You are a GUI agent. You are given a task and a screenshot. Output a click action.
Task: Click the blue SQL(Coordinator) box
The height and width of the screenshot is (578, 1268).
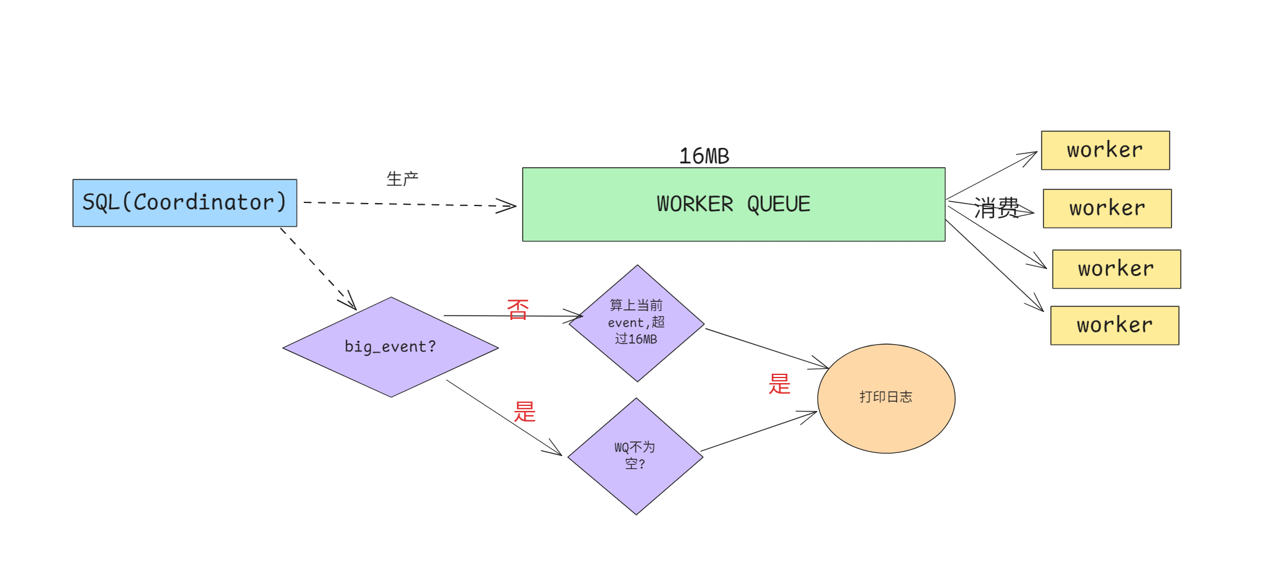coord(184,203)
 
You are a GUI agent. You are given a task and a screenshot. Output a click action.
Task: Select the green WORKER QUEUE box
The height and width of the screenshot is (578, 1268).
coord(733,204)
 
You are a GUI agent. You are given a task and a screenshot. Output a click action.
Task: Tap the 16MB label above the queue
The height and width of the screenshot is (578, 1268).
coord(704,156)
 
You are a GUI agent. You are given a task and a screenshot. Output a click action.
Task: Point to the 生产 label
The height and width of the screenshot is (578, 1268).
coord(402,179)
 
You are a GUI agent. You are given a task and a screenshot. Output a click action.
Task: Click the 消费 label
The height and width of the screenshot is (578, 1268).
coord(996,208)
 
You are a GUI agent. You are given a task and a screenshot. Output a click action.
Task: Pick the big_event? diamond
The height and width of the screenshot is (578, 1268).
coord(390,347)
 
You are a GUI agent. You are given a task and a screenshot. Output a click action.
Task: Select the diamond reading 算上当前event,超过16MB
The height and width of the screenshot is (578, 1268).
coord(636,323)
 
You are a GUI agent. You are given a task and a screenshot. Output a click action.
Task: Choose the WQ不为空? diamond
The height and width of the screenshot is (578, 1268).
coord(635,456)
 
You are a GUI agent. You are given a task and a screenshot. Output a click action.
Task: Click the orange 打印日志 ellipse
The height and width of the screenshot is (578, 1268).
coord(886,398)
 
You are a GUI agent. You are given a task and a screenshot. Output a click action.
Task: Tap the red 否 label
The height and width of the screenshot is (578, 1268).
coord(518,309)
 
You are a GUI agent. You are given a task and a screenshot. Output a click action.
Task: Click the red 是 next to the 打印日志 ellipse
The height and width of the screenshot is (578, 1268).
coord(779,384)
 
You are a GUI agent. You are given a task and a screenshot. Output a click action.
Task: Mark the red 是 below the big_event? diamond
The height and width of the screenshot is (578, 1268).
coord(525,412)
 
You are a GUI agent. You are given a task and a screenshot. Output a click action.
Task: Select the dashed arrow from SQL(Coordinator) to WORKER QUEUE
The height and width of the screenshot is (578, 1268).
coord(408,204)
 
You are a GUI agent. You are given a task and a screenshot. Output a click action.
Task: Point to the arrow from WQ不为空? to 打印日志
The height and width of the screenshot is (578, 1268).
coord(758,432)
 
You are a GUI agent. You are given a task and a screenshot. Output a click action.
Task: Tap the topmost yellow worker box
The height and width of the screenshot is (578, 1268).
coord(1105,150)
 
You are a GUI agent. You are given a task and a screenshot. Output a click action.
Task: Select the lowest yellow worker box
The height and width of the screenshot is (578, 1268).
coord(1115,326)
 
